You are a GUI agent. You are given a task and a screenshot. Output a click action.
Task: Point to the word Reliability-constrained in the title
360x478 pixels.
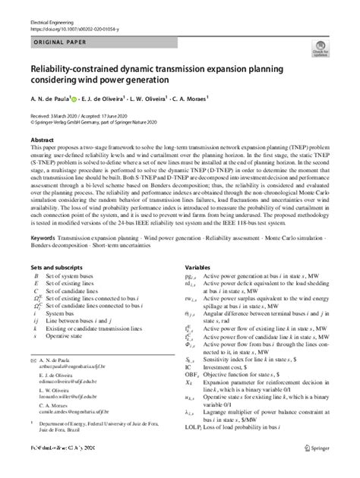coord(68,69)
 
